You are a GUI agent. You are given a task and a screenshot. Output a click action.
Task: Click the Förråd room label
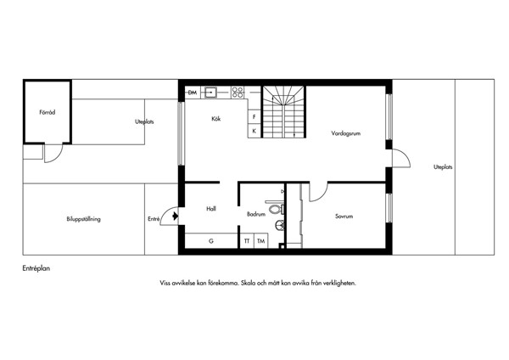pyautogui.click(x=48, y=112)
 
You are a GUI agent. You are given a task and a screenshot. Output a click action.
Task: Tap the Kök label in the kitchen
pyautogui.click(x=215, y=119)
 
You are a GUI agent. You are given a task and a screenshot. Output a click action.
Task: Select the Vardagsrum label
pyautogui.click(x=346, y=133)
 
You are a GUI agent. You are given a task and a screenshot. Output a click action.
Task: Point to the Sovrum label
pyautogui.click(x=344, y=216)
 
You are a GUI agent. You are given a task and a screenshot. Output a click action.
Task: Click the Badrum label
pyautogui.click(x=256, y=214)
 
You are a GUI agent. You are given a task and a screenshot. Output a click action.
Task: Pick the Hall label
pyautogui.click(x=211, y=209)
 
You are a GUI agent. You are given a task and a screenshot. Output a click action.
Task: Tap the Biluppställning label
pyautogui.click(x=83, y=219)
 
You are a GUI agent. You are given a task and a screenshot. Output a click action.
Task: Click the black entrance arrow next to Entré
pyautogui.click(x=176, y=216)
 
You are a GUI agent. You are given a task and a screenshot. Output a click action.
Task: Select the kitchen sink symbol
pyautogui.click(x=211, y=93)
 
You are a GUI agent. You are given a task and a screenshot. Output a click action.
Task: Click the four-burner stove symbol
pyautogui.click(x=238, y=93)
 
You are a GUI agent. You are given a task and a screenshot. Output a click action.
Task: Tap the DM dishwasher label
pyautogui.click(x=193, y=93)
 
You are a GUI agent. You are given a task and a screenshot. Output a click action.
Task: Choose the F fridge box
pyautogui.click(x=255, y=117)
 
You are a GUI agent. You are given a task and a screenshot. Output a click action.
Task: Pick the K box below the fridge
pyautogui.click(x=255, y=132)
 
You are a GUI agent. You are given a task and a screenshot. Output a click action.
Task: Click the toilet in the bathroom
pyautogui.click(x=276, y=208)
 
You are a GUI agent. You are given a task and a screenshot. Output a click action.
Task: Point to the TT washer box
pyautogui.click(x=247, y=241)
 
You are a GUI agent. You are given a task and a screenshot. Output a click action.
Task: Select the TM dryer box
pyautogui.click(x=260, y=241)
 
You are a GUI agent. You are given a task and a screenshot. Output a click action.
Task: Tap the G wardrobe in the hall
pyautogui.click(x=211, y=241)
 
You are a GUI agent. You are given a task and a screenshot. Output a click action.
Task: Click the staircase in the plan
pyautogui.click(x=283, y=112)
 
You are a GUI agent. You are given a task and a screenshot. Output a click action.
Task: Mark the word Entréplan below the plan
pyautogui.click(x=36, y=268)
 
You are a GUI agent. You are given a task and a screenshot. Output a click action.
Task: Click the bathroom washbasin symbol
pyautogui.click(x=279, y=225)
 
